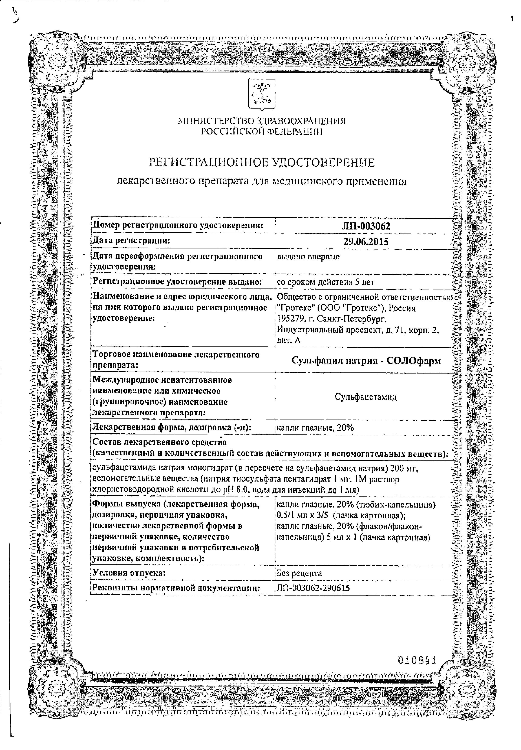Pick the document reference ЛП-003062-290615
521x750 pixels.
point(313,588)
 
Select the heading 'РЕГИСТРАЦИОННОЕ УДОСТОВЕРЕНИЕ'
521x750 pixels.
point(262,162)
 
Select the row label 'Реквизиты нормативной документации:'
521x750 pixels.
point(176,588)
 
